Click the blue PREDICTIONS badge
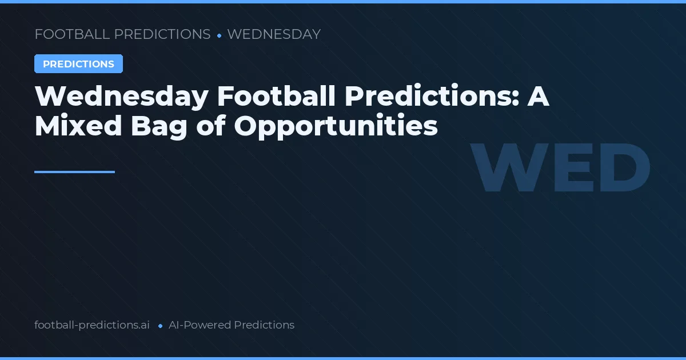78,64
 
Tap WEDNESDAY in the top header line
273,34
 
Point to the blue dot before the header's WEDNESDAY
219,35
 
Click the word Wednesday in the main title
121,97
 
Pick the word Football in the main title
276,97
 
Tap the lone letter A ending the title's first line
538,97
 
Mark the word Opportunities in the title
336,127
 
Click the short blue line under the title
74,171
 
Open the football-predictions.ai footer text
92,325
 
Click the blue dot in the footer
160,326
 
